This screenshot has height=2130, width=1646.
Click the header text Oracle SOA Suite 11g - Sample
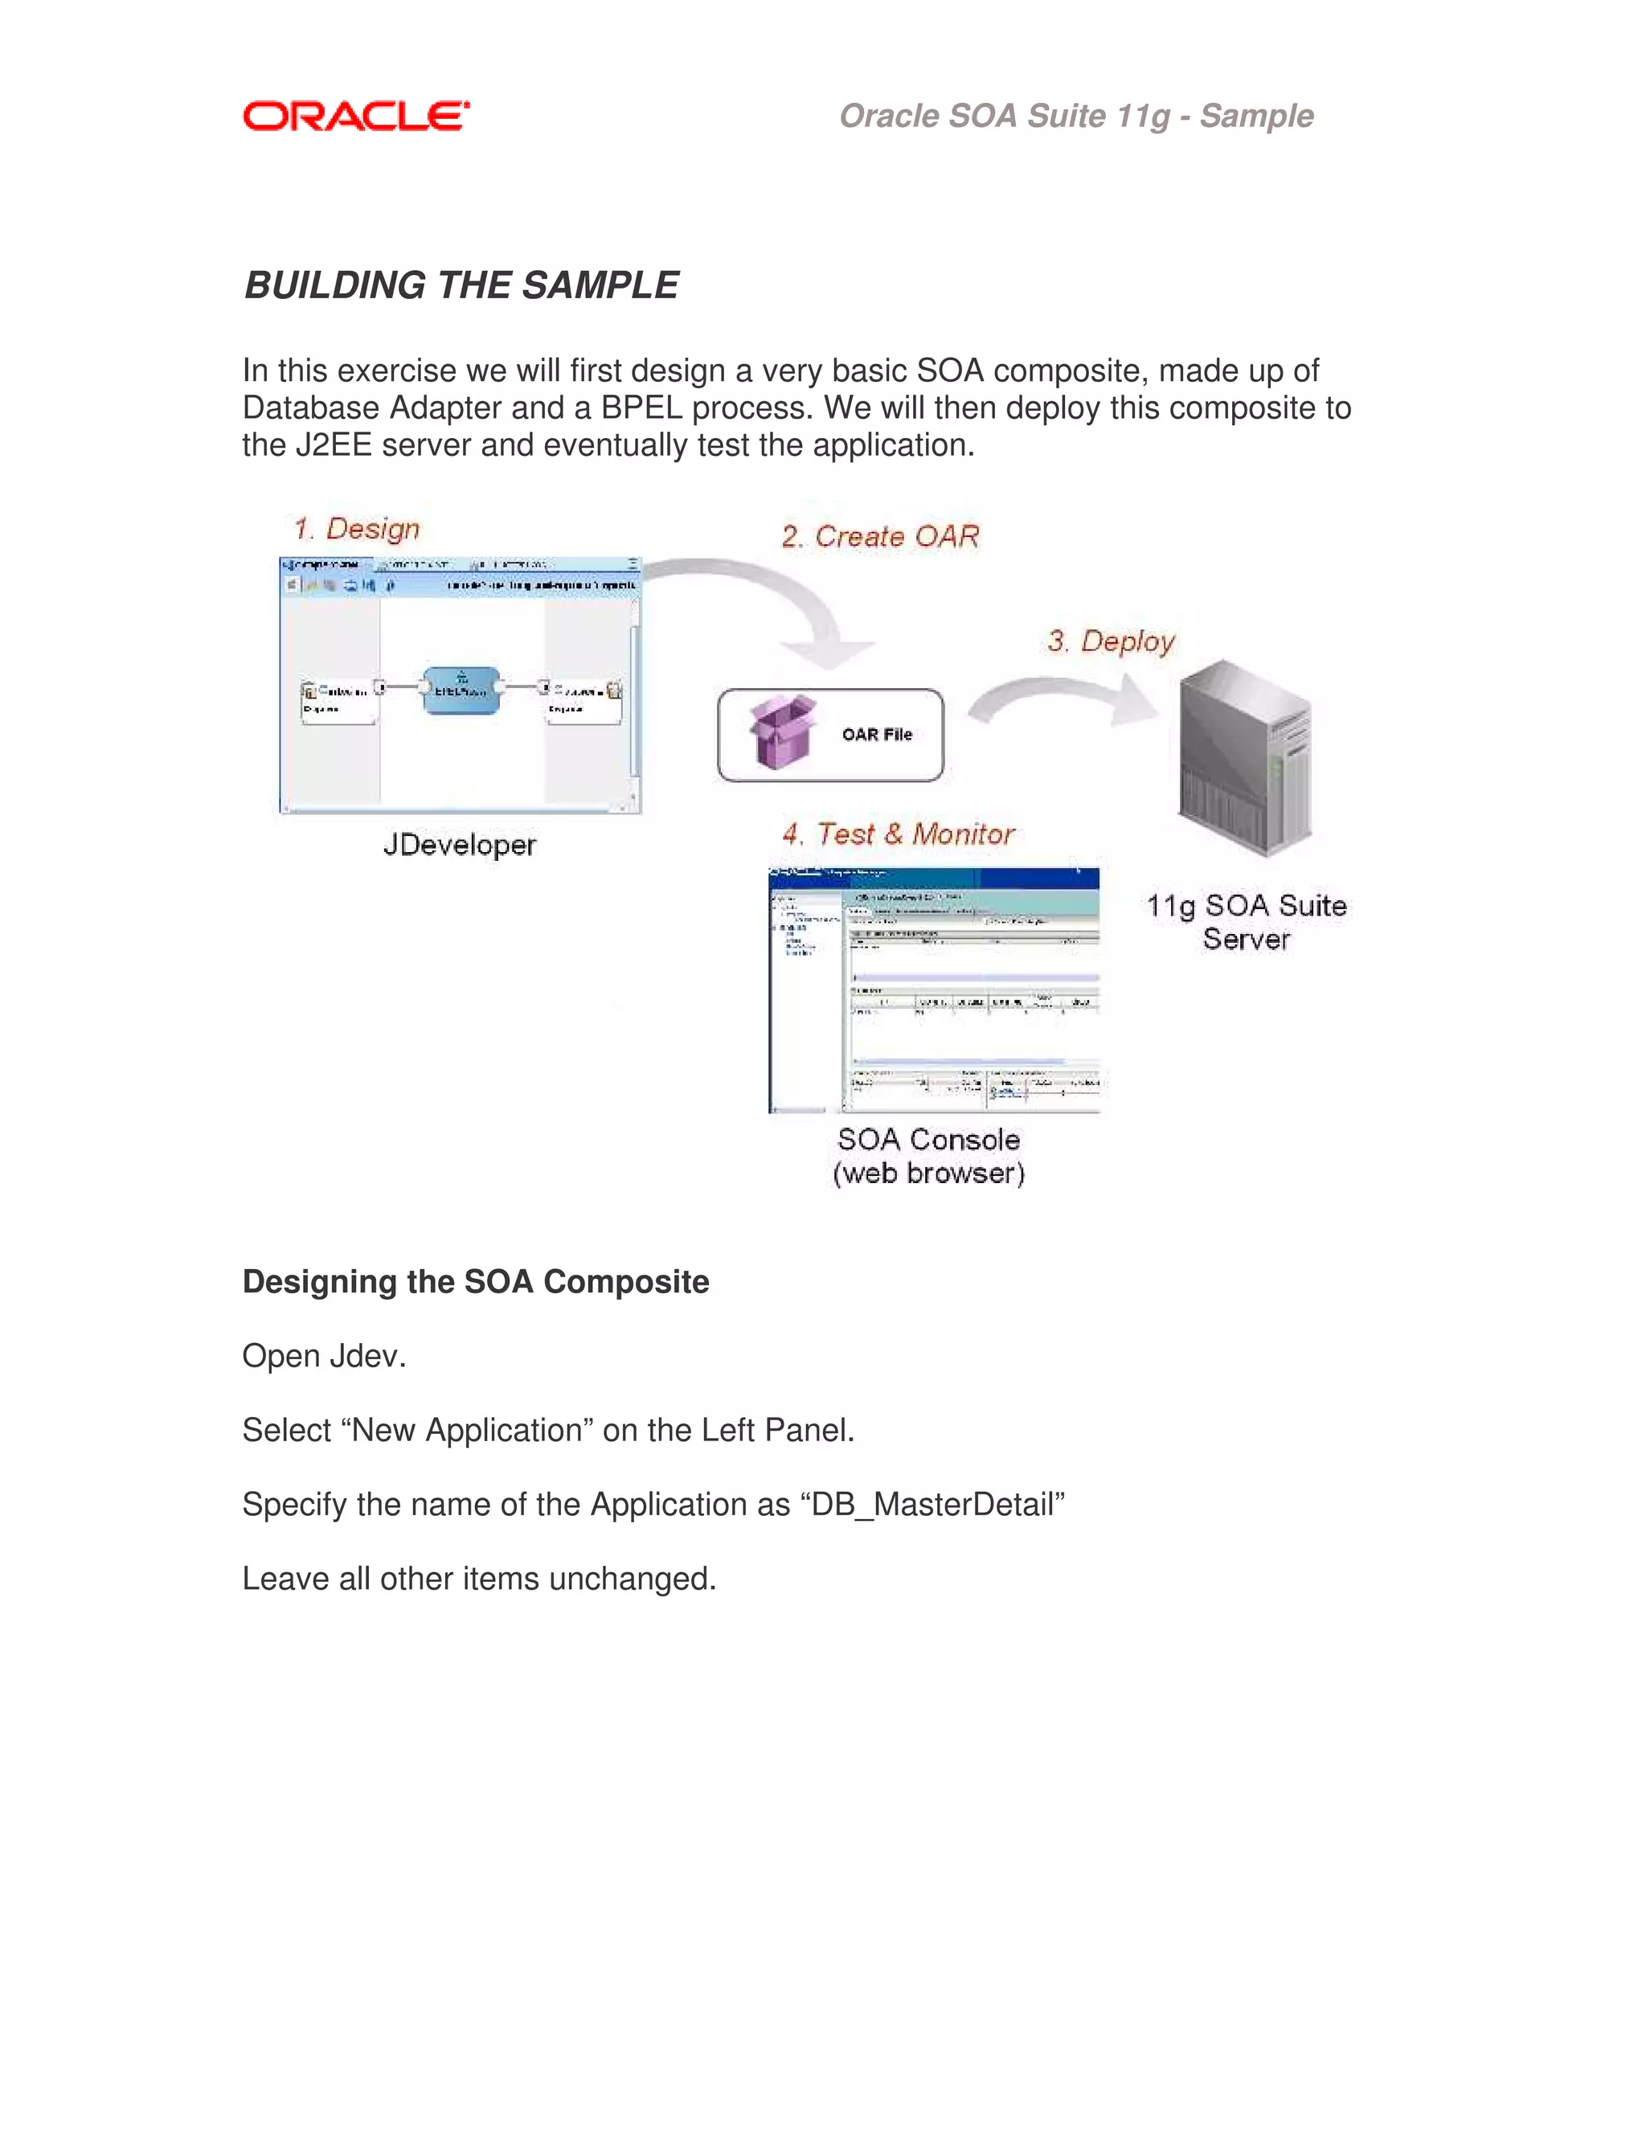point(1075,116)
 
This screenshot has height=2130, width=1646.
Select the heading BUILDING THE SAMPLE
point(461,286)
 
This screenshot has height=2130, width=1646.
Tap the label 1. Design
point(357,529)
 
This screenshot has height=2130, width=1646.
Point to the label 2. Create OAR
point(879,536)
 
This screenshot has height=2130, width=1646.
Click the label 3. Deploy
point(1111,641)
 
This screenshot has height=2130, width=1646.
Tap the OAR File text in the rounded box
point(877,735)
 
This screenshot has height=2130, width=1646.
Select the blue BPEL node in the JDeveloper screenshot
point(461,690)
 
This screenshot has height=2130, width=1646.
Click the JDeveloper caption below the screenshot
point(459,845)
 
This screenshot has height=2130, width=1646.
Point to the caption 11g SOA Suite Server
point(1247,922)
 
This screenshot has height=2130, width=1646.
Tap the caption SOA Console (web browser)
point(928,1156)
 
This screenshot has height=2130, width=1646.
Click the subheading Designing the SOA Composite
point(475,1281)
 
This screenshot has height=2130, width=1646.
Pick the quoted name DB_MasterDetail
point(937,1505)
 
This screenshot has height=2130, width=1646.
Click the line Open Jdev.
point(324,1356)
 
